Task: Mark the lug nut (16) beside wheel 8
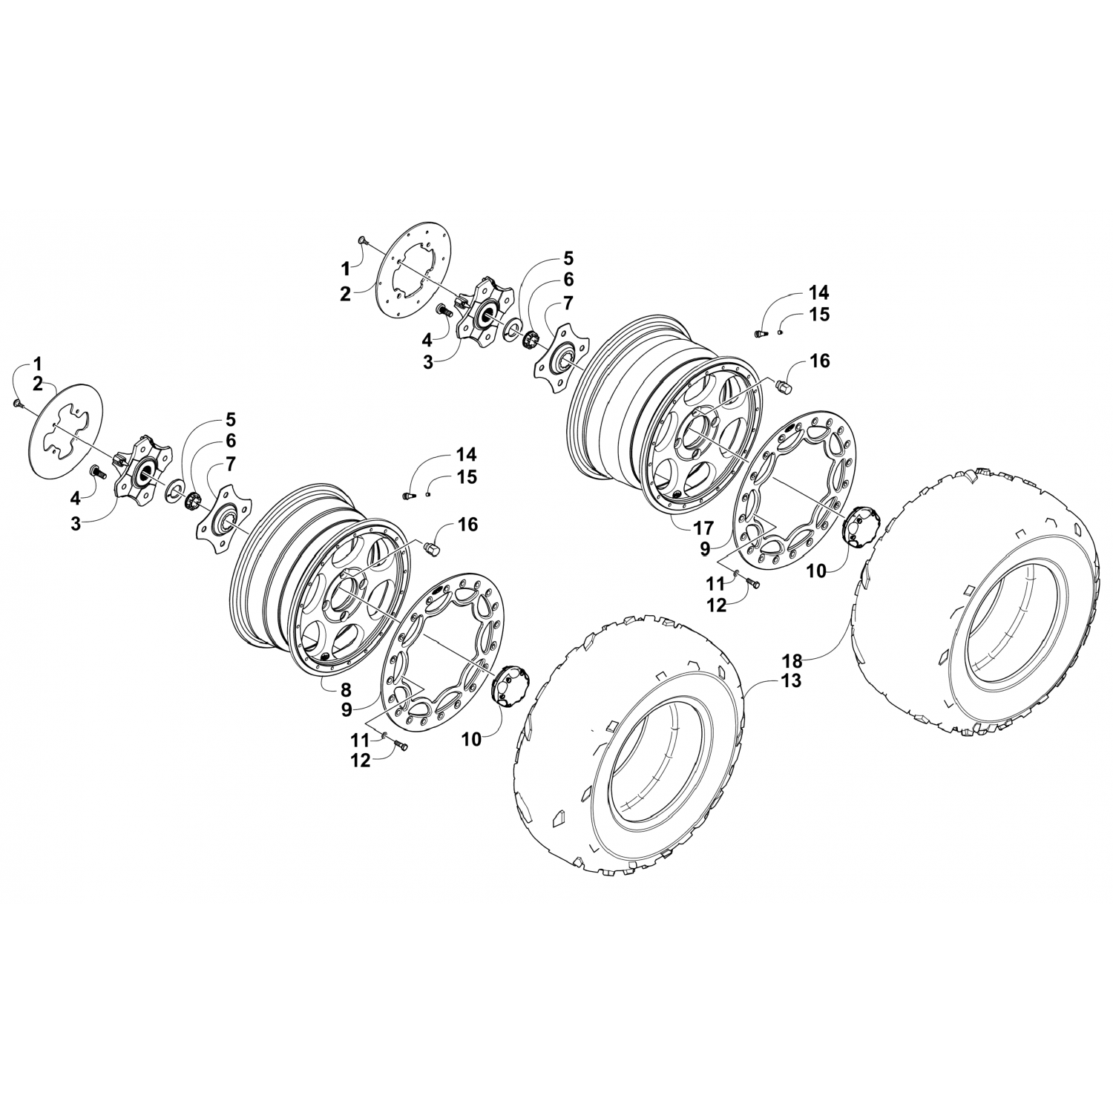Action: click(432, 548)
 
